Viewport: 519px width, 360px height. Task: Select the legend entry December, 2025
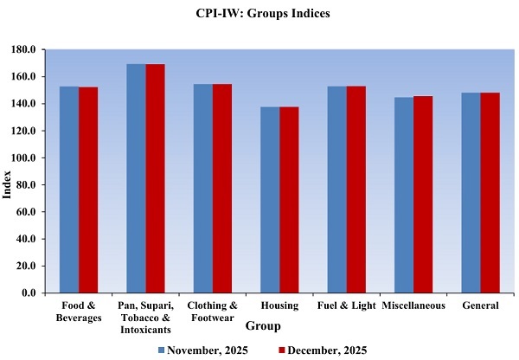(x=320, y=350)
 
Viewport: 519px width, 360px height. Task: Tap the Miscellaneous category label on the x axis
(x=413, y=305)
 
